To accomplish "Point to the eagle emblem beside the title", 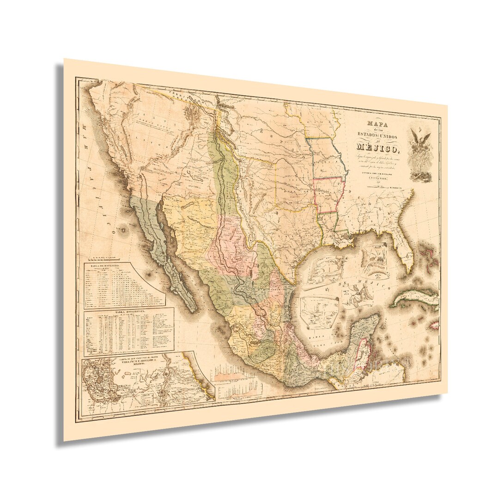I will click(420, 152).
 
